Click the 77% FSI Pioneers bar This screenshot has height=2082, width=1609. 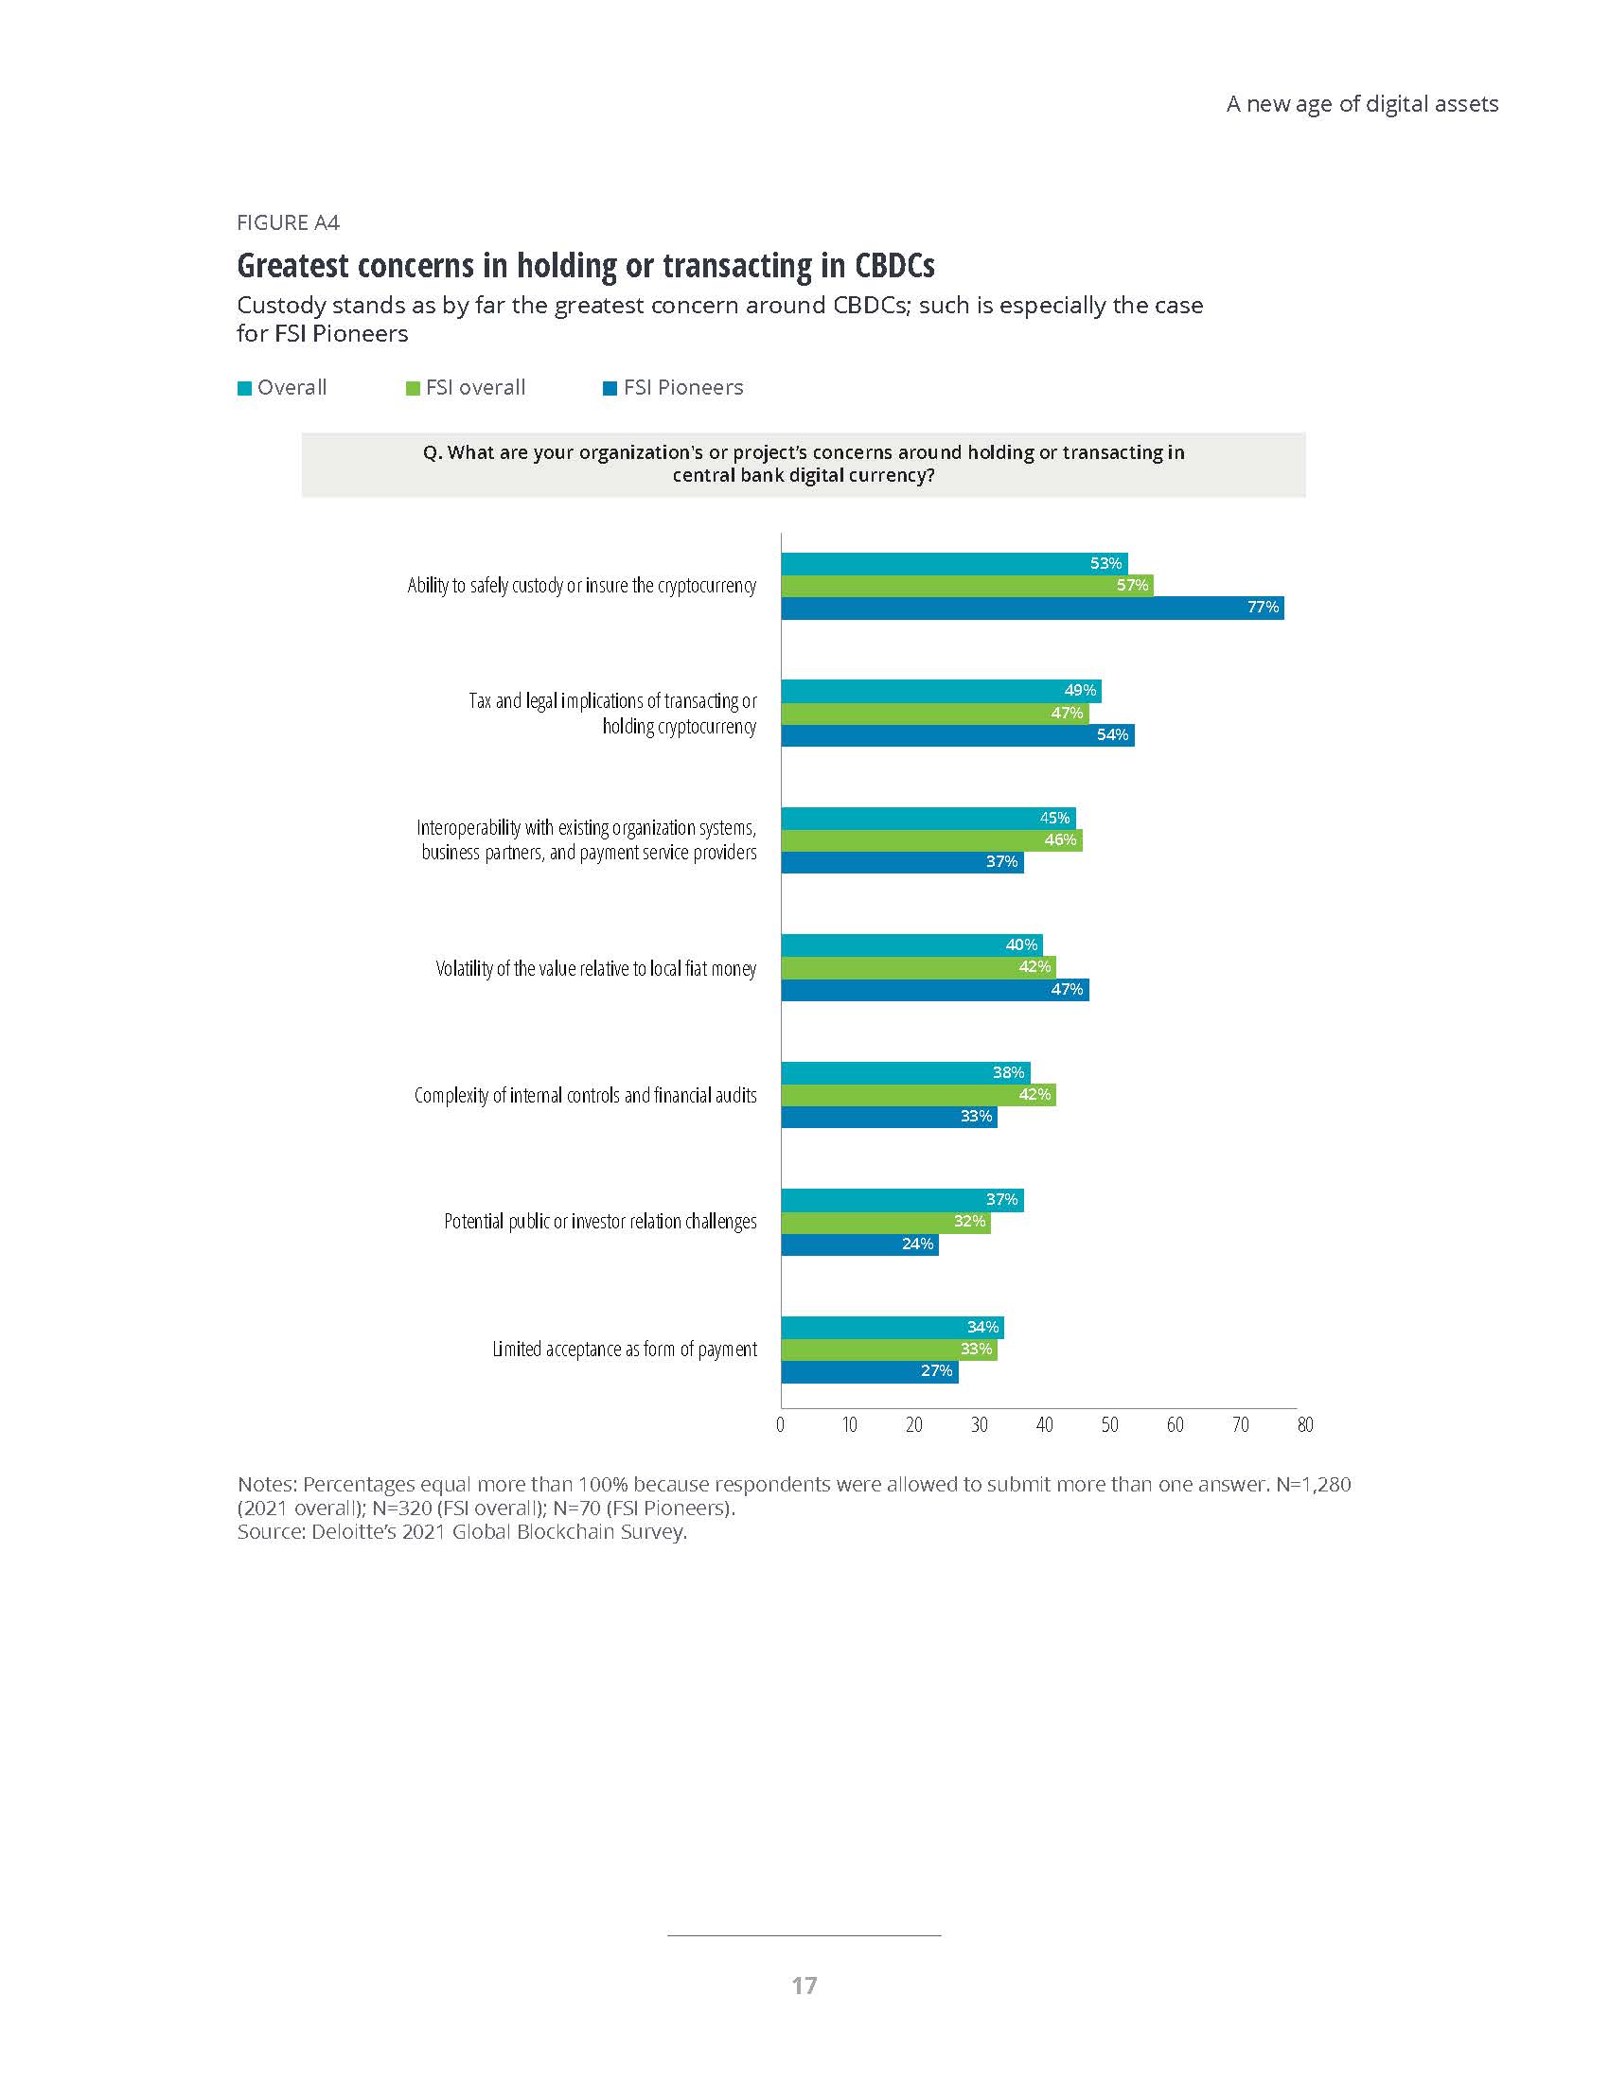(x=1032, y=609)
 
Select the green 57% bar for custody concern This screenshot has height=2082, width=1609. (x=966, y=585)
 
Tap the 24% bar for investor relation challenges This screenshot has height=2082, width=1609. (x=858, y=1244)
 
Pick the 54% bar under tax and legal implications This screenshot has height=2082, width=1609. (x=957, y=735)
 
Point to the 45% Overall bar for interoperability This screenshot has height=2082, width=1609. (x=928, y=818)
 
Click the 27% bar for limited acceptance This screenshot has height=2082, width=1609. (x=869, y=1371)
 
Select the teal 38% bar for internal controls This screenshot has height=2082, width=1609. (x=905, y=1072)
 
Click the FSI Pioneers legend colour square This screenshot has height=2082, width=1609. (x=610, y=388)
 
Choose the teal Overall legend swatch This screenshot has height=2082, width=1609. (x=244, y=388)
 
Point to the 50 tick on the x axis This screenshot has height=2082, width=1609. (x=1109, y=1425)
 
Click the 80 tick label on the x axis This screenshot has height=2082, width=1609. (x=1305, y=1425)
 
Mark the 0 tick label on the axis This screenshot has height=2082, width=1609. (x=781, y=1425)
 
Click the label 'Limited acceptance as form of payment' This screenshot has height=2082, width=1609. (x=625, y=1349)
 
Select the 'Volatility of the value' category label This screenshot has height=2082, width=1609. (x=595, y=968)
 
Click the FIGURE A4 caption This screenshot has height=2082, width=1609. (x=288, y=223)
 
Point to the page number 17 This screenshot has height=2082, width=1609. (x=804, y=1985)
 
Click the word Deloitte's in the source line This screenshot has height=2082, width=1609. (x=350, y=1532)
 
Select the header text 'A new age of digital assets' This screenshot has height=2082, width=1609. (x=1361, y=104)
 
